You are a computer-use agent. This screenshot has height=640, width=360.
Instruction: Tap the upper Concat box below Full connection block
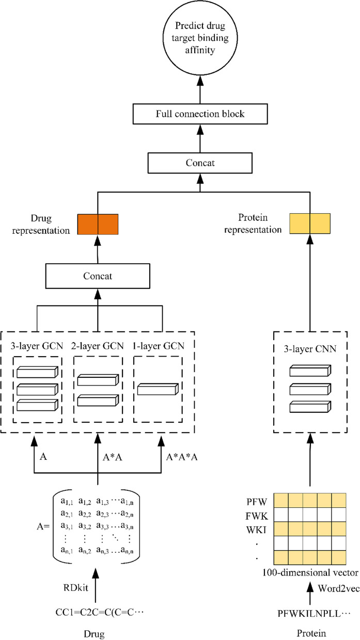click(x=200, y=163)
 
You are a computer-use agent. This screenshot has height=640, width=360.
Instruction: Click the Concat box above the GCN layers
click(x=98, y=277)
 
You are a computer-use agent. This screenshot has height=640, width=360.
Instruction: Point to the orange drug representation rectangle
click(x=98, y=225)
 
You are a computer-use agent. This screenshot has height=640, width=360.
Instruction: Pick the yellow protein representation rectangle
click(x=309, y=225)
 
